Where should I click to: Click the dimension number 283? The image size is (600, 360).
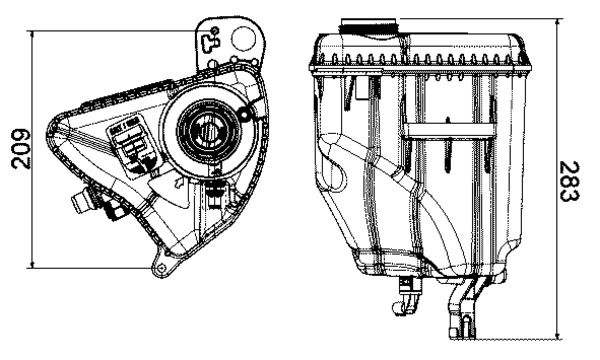[571, 181]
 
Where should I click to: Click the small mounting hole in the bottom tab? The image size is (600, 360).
[159, 265]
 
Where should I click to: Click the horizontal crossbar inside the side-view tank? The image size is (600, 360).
[449, 127]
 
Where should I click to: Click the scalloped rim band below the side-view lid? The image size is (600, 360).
[420, 62]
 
